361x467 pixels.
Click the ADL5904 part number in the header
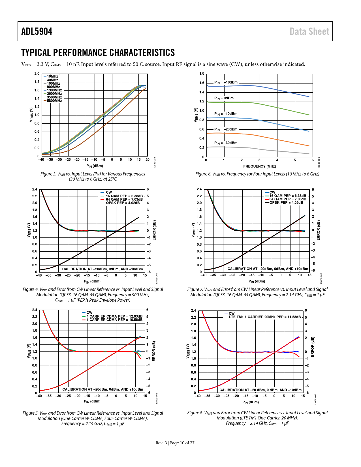37,31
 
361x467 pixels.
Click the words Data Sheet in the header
309,31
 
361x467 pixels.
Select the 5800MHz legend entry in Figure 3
54,101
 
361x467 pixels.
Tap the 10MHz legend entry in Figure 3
52,76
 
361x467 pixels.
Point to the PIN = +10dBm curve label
226,82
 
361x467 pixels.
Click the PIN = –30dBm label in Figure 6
226,143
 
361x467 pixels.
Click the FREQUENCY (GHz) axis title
259,166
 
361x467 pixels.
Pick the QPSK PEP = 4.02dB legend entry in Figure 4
123,203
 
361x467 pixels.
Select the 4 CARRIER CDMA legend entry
114,316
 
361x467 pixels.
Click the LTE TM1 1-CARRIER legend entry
264,317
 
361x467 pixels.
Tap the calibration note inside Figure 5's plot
103,389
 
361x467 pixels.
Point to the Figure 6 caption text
257,174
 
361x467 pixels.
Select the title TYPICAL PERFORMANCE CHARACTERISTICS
98,53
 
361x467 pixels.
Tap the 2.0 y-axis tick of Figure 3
37,74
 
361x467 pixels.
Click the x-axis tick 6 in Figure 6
313,160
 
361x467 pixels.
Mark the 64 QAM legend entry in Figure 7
287,199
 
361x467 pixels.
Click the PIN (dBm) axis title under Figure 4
92,281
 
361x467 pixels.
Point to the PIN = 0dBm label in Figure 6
224,98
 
